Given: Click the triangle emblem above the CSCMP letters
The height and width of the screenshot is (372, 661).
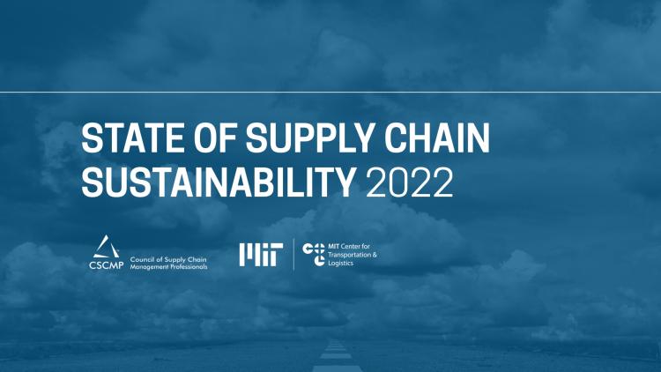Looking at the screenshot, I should pos(103,246).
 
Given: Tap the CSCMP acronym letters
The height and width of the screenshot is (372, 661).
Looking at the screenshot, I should pos(104,264).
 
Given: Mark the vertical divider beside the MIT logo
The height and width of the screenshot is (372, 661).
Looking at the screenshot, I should pos(293,254).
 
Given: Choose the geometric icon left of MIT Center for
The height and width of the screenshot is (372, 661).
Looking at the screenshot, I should pos(314,254).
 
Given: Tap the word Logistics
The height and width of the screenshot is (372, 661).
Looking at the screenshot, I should pos(339,263).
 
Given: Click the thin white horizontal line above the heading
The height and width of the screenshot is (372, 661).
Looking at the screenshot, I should pos(330,91).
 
